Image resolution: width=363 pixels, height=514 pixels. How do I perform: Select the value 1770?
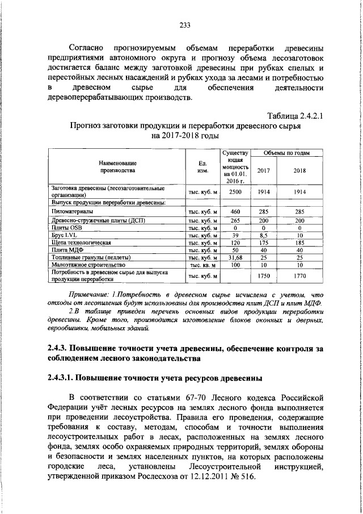(300, 276)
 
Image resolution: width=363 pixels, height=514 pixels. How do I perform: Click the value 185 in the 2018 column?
(300, 243)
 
